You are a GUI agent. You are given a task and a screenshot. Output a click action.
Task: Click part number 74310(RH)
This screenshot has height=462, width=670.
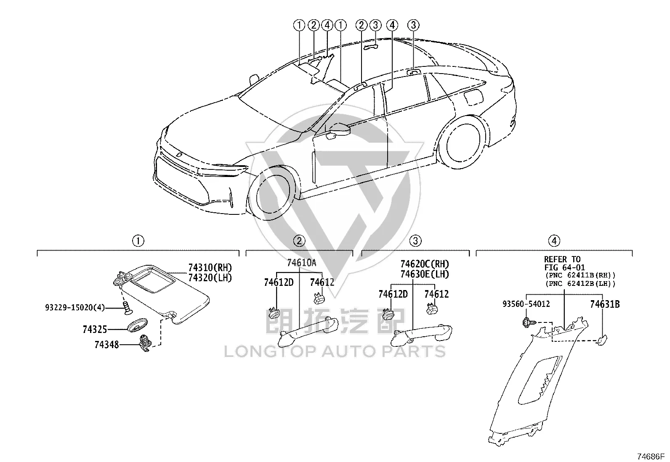click(210, 267)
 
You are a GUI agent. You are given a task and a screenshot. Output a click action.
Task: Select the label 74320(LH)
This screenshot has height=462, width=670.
click(210, 277)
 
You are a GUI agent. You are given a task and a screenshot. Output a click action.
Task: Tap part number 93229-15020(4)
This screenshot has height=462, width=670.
click(75, 307)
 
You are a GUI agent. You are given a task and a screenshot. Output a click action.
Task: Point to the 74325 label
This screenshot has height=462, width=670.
click(95, 329)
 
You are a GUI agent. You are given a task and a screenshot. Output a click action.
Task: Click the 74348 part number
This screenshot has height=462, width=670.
click(107, 345)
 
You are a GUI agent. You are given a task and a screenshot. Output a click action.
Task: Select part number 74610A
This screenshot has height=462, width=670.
click(301, 263)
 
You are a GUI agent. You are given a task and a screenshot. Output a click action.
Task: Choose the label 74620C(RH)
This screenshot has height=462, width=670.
click(425, 264)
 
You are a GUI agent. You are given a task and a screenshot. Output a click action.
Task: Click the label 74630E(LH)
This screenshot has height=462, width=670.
click(425, 274)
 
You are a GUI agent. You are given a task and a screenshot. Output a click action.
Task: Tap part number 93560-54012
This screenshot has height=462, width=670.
click(526, 304)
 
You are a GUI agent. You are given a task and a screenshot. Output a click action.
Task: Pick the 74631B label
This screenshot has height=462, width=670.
click(605, 304)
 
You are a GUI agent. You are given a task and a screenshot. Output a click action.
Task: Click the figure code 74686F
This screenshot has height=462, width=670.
click(651, 457)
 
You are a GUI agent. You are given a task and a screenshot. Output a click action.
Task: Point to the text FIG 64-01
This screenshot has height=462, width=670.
click(564, 267)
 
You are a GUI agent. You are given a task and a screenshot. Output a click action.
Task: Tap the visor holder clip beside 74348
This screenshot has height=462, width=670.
click(145, 343)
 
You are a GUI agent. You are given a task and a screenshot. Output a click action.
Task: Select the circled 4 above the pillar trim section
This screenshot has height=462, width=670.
click(554, 241)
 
